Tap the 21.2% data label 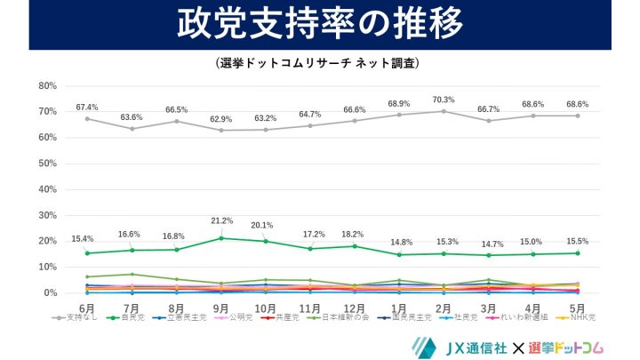point(222,220)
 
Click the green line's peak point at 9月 point(220,238)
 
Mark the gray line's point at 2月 point(444,111)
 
